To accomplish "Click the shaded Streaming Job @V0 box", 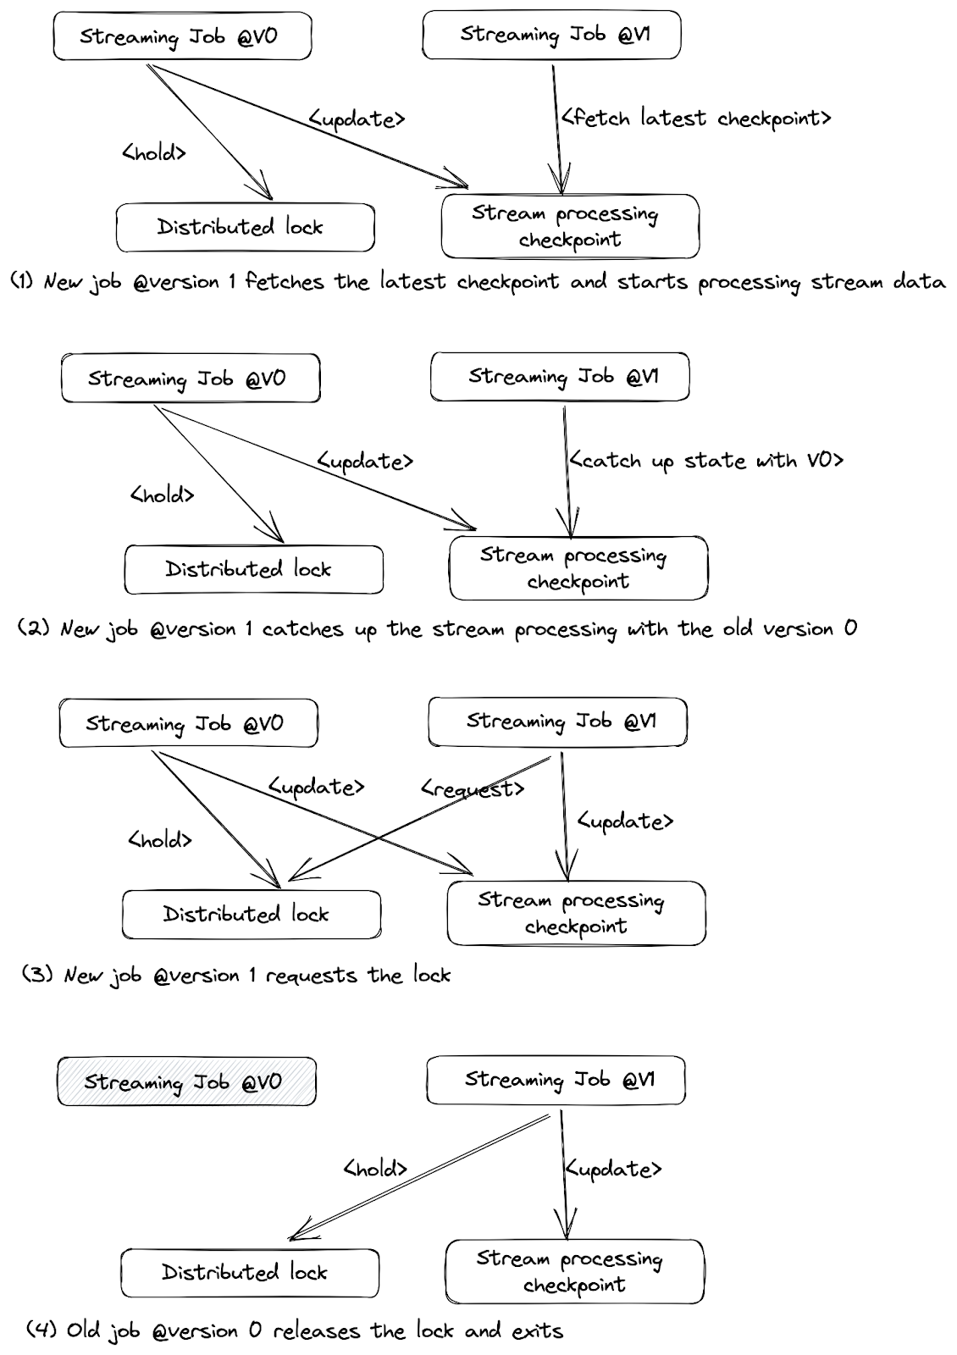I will point(186,1081).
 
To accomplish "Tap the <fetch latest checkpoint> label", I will point(695,118).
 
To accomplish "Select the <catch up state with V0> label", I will point(706,461).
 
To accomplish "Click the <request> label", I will point(473,788).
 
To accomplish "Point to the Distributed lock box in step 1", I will point(245,227).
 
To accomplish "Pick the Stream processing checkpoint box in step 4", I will point(574,1271).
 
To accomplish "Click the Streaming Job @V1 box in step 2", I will point(560,377).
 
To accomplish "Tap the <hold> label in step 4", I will point(375,1169).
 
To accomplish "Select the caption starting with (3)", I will point(235,975).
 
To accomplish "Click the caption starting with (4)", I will point(295,1330).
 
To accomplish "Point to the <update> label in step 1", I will point(357,119).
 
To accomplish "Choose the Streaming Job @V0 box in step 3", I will point(188,723).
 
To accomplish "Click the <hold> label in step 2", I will point(162,495).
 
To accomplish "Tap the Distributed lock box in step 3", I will point(251,914).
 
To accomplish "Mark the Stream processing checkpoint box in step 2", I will point(578,567).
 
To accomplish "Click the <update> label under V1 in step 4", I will point(612,1169).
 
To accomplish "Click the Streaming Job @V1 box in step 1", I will point(551,35).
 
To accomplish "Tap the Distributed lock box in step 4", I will point(249,1272).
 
